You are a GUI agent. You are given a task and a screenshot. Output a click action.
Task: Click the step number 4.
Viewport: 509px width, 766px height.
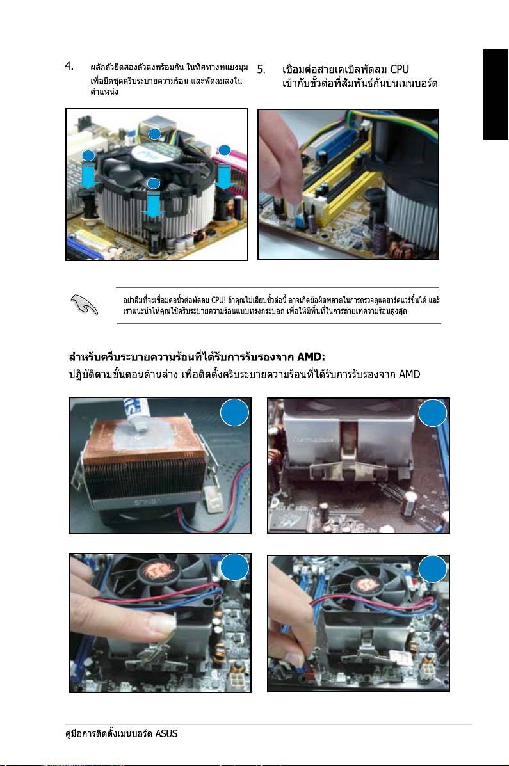point(69,66)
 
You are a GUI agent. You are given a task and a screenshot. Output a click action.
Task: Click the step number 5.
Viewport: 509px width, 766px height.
point(262,69)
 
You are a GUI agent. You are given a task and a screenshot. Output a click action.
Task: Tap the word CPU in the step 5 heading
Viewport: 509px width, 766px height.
point(400,69)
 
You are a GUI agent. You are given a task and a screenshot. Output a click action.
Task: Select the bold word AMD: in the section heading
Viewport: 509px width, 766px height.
point(311,356)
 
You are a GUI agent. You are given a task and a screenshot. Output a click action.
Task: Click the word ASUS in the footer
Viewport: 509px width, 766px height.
point(166,733)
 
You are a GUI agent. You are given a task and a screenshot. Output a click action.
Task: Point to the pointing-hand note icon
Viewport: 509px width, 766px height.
point(84,305)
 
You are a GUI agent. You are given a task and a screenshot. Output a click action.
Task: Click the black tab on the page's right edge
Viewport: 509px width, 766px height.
point(496,94)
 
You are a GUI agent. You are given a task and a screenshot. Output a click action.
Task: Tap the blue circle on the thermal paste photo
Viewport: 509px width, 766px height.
point(235,413)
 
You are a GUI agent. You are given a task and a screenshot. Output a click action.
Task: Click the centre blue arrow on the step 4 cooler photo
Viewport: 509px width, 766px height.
point(154,205)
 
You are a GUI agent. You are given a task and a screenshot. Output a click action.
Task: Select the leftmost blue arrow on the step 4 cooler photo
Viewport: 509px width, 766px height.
point(88,177)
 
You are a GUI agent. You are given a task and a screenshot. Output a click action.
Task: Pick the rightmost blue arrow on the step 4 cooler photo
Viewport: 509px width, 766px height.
point(225,177)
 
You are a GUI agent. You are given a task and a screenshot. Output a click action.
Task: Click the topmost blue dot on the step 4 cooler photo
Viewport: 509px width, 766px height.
point(154,134)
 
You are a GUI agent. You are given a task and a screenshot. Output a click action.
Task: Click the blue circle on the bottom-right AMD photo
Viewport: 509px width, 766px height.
point(433,570)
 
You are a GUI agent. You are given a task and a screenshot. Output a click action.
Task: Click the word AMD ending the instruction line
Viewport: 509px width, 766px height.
point(409,375)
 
